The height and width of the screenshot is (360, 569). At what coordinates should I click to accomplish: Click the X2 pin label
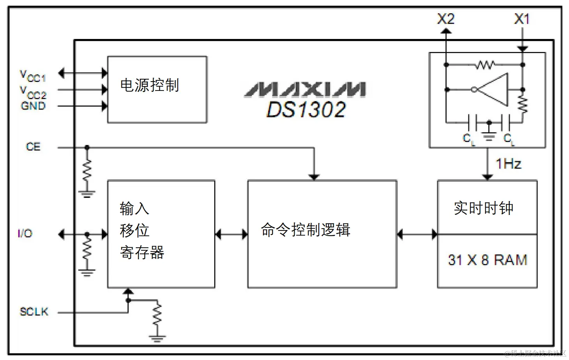click(445, 19)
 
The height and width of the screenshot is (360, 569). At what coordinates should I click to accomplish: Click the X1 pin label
click(522, 19)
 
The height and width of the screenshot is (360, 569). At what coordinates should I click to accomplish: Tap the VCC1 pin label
click(33, 76)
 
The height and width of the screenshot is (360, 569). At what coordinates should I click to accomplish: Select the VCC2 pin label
click(33, 92)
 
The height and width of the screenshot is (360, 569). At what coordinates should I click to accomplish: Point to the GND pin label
click(33, 106)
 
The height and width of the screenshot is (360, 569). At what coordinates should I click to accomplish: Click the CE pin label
click(33, 147)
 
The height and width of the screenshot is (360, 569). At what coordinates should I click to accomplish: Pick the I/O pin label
click(25, 234)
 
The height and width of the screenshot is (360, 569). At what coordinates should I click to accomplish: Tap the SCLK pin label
click(34, 312)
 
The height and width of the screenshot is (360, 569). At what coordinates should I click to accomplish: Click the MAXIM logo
click(305, 89)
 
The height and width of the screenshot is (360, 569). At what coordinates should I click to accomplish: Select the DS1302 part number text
click(306, 110)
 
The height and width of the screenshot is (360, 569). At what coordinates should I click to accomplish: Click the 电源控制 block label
click(149, 85)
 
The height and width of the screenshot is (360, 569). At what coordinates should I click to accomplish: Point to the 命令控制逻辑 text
click(305, 230)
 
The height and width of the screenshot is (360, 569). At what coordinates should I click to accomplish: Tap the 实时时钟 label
click(483, 208)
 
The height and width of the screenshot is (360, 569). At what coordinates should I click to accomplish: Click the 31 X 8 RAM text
click(487, 260)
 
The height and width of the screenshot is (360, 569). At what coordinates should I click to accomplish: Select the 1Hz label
click(508, 164)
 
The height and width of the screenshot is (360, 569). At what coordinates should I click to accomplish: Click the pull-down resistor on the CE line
click(87, 171)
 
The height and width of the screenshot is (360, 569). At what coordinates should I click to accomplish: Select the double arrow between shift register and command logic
click(231, 234)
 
